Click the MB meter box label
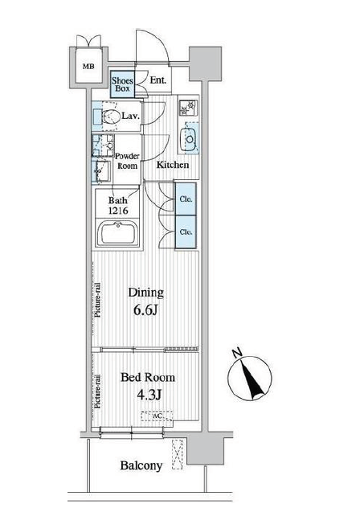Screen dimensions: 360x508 pos(88,67)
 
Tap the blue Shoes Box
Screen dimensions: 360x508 pos(122,84)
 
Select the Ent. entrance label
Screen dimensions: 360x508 pos(157,80)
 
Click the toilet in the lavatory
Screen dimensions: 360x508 pos(109,117)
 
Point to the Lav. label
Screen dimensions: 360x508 pos(131,116)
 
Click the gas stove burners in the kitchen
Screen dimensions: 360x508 pos(188,108)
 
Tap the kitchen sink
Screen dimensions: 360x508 pos(189,139)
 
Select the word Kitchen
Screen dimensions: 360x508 pos(173,165)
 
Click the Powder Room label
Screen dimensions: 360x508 pos(127,161)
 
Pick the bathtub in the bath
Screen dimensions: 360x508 pos(118,233)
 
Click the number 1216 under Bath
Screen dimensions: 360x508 pos(118,211)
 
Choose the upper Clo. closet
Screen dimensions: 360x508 pos(186,199)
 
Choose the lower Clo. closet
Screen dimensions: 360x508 pos(186,232)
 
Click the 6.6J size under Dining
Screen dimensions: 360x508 pos(145,310)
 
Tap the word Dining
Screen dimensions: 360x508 pos(145,293)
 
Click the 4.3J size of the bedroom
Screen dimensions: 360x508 pos(149,395)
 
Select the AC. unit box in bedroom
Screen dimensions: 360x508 pos(157,416)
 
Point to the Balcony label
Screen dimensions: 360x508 pos(141,465)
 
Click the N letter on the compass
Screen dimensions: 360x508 pos(238,353)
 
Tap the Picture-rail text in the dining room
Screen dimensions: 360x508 pos(97,300)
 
